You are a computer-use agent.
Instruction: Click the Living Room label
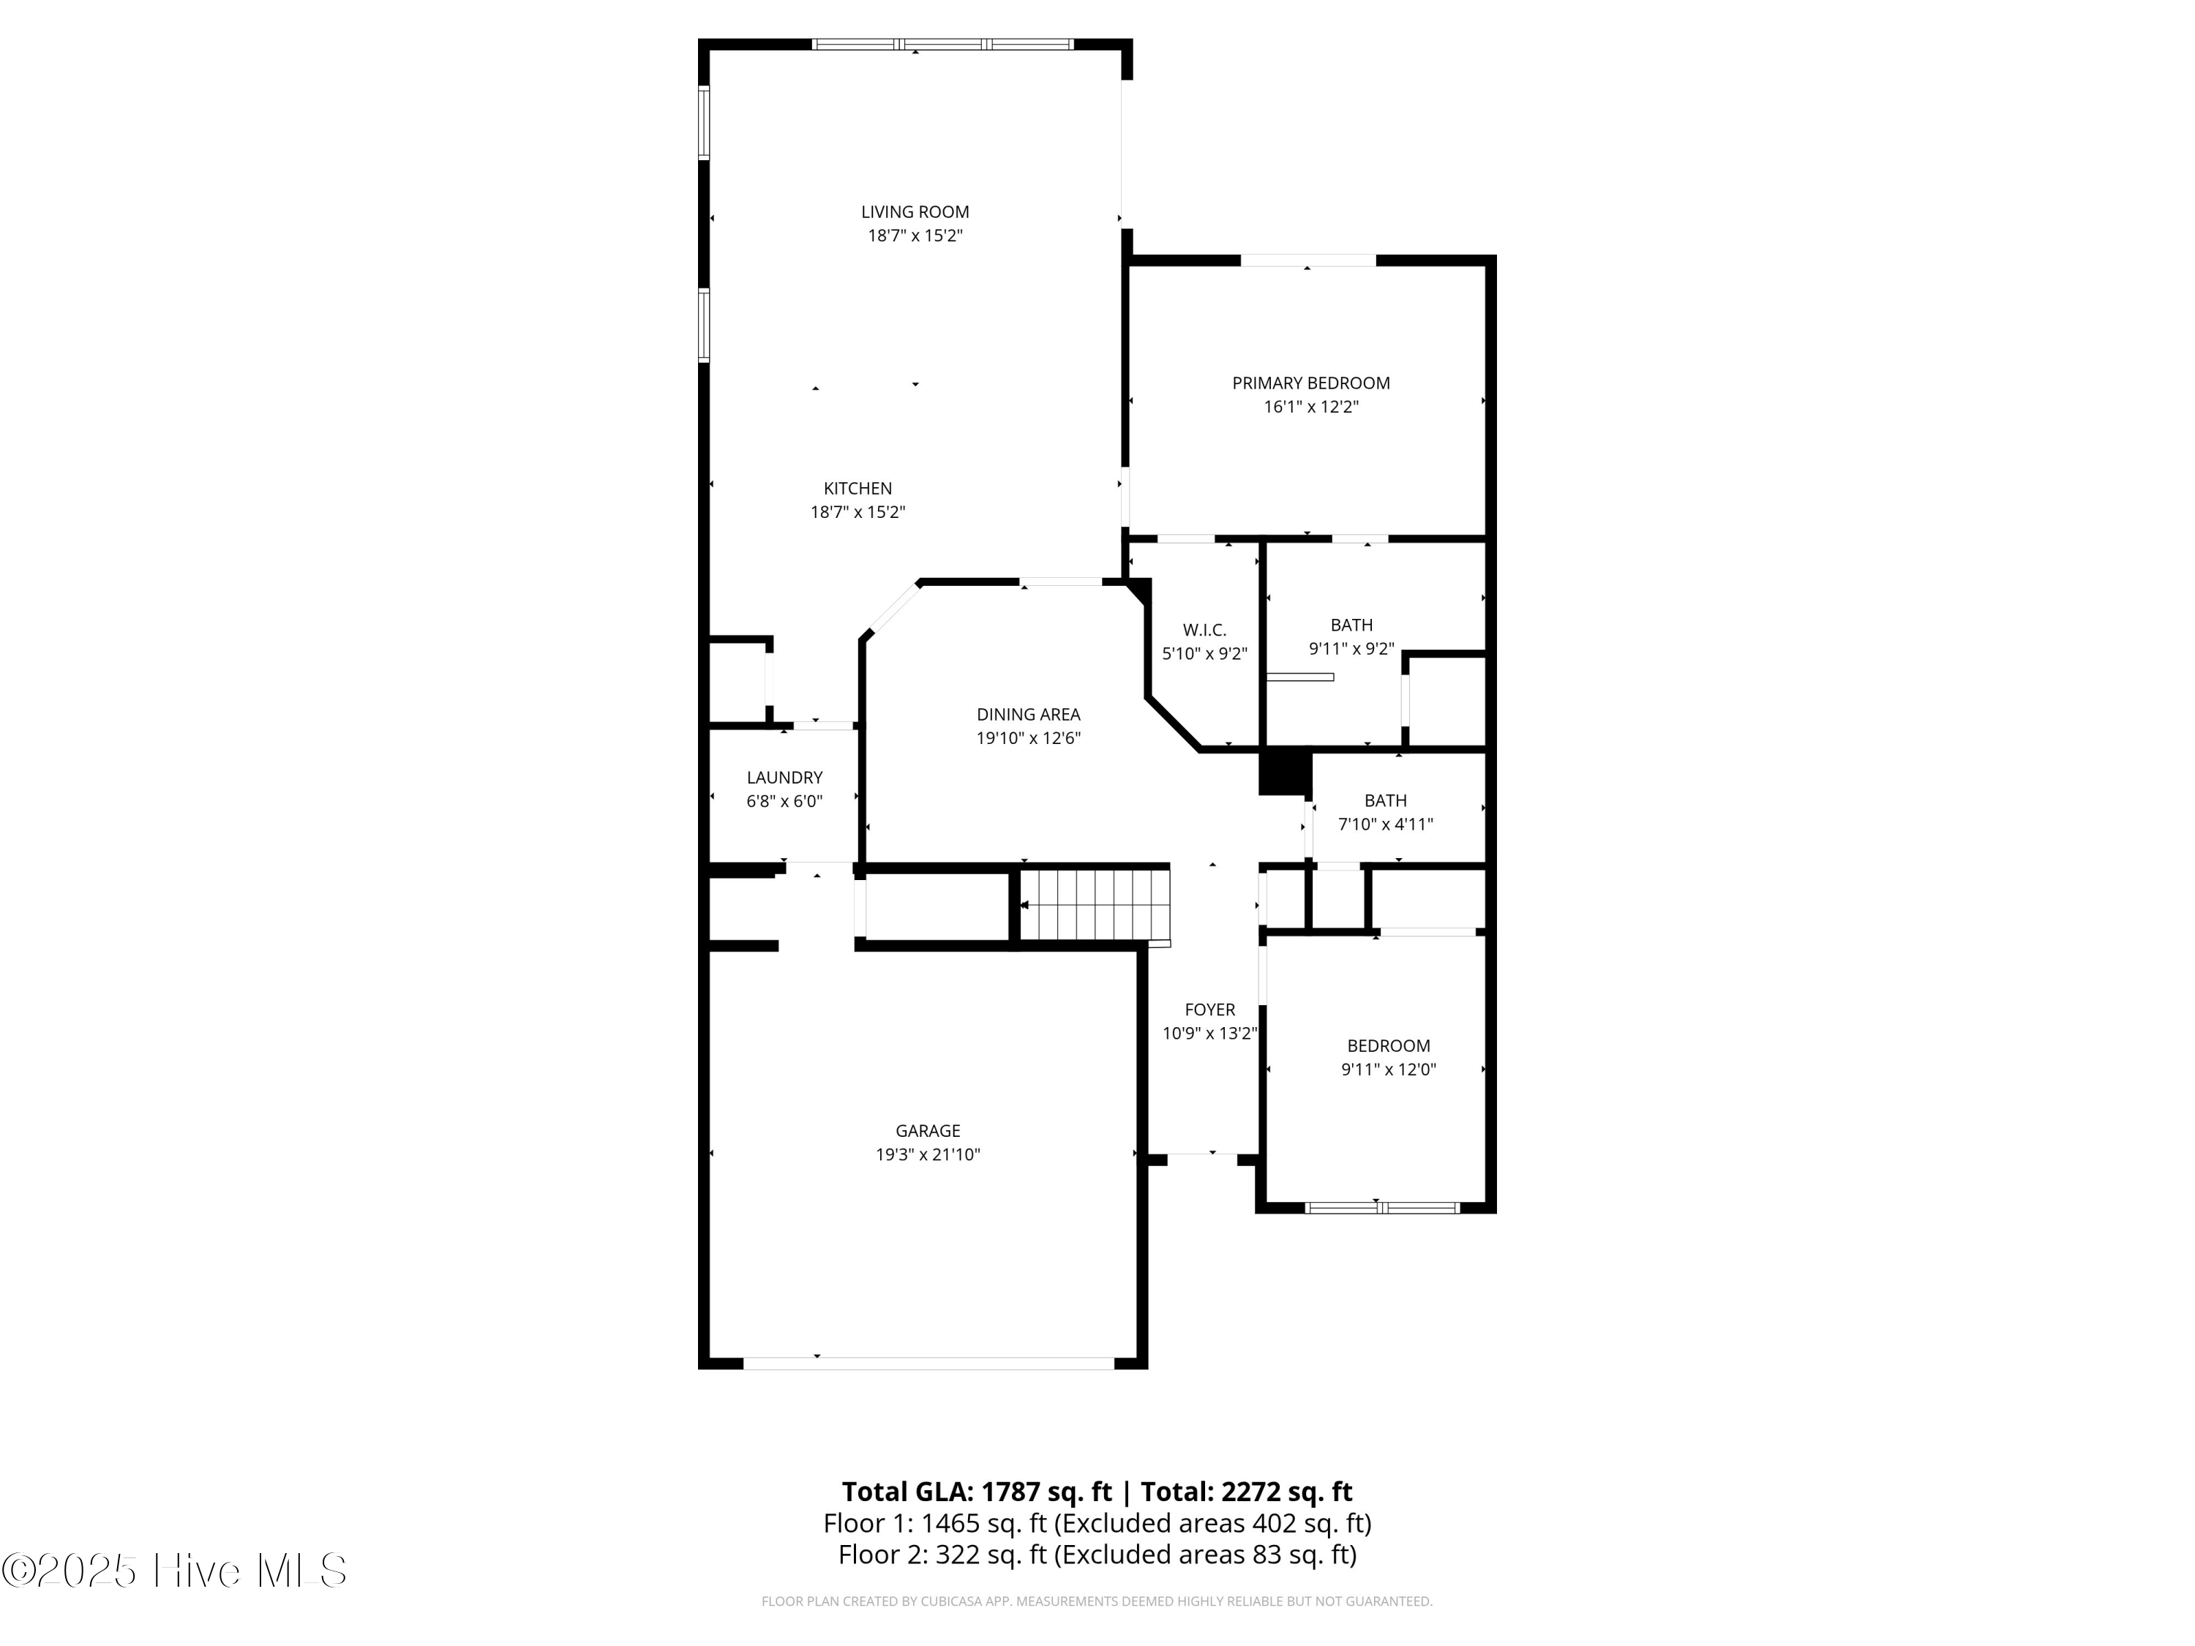(x=914, y=211)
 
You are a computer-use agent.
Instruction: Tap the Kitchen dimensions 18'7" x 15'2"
(x=858, y=512)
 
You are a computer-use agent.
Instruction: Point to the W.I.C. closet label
(x=1204, y=630)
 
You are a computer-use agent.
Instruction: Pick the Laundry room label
(x=784, y=777)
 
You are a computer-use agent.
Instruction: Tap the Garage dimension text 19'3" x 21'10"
(x=927, y=1154)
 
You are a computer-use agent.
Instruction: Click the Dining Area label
(x=1028, y=714)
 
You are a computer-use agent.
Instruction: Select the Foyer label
(x=1209, y=1009)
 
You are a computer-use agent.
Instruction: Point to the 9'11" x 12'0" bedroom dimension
(x=1388, y=1070)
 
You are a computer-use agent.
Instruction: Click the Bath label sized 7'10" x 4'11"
(x=1384, y=800)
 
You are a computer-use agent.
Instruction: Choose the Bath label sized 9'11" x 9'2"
(x=1351, y=625)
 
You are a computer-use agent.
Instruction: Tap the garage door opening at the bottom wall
(x=928, y=1363)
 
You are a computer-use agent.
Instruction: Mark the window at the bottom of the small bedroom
(x=1381, y=1208)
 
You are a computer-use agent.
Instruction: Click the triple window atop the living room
(x=942, y=45)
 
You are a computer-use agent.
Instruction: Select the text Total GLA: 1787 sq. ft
(x=977, y=1491)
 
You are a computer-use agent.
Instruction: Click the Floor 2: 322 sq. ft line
(x=1097, y=1554)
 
